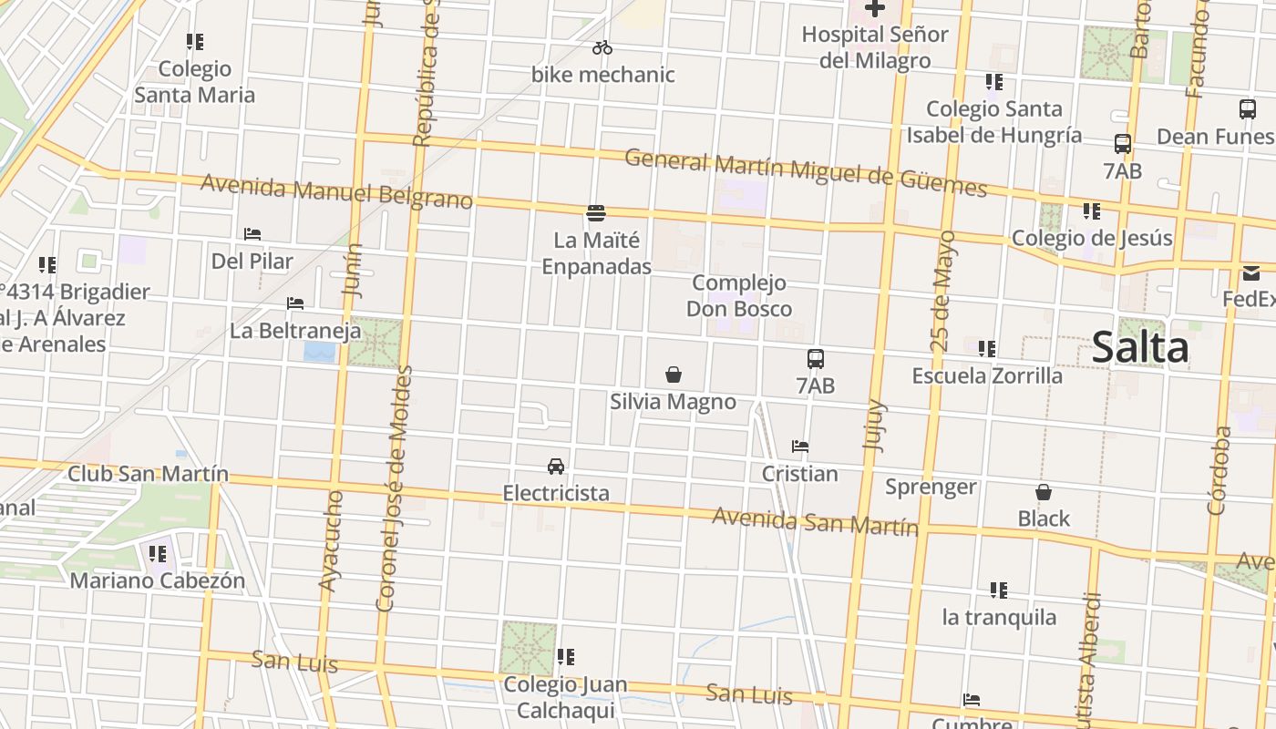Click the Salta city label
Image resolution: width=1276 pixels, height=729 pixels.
[x=1140, y=348]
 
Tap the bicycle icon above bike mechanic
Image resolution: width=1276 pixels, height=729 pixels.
[x=602, y=48]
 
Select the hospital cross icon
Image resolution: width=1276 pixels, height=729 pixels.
[x=875, y=9]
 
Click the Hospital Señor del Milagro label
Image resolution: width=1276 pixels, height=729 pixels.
[x=875, y=47]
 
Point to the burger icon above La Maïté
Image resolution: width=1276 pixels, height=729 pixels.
[x=596, y=213]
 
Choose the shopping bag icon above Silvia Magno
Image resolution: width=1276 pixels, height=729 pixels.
[x=674, y=375]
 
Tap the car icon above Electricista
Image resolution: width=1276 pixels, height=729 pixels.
[x=556, y=467]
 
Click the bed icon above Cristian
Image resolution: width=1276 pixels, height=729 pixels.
[x=800, y=447]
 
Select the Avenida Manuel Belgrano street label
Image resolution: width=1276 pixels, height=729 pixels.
[x=336, y=191]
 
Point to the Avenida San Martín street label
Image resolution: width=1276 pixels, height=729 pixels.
[x=815, y=522]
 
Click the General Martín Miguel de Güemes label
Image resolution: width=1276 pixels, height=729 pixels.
[x=806, y=173]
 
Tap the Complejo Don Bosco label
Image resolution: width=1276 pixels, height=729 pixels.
[x=739, y=295]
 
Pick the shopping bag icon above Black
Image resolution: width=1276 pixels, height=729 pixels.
[x=1044, y=492]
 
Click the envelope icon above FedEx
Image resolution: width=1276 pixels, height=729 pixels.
[x=1250, y=272]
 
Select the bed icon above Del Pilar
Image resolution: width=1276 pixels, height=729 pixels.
[x=252, y=234]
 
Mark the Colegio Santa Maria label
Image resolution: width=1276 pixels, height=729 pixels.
[x=195, y=82]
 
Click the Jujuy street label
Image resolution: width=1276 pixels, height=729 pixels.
[x=875, y=424]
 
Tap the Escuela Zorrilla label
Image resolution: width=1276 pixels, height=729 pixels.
[x=987, y=375]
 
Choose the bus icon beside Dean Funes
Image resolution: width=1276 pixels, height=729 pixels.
[x=1248, y=109]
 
